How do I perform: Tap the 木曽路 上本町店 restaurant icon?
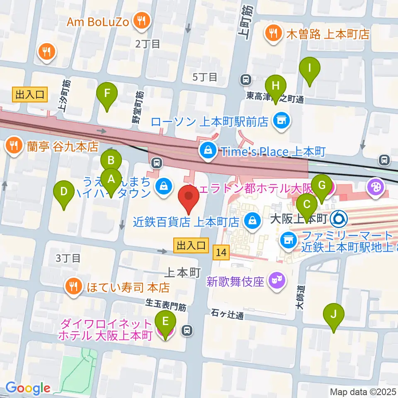click(x=273, y=34)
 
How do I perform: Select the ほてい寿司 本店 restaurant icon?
click(x=74, y=286)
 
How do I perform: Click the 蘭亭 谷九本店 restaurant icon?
click(x=14, y=146)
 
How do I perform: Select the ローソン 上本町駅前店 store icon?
click(x=282, y=121)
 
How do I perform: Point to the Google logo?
click(x=27, y=388)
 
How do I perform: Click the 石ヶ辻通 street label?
click(x=226, y=315)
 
